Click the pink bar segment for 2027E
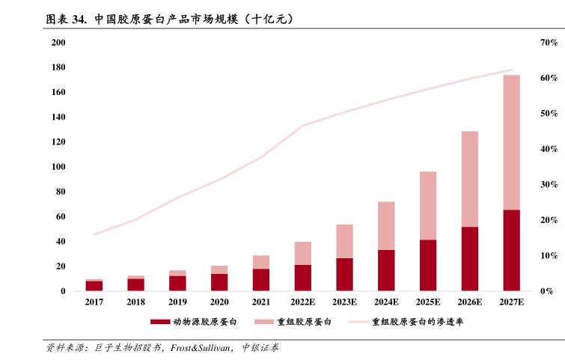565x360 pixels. point(511,142)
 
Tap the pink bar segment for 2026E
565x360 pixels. point(469,179)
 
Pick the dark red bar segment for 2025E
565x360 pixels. point(428,265)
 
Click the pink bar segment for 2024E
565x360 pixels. point(386,225)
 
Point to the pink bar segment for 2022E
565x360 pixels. point(302,253)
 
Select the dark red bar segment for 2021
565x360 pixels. point(261,279)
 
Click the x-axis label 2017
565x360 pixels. point(94,302)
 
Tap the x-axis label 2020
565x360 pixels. point(219,302)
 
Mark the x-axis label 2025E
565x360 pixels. point(428,302)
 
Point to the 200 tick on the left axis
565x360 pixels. point(58,43)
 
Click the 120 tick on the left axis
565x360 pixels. point(58,142)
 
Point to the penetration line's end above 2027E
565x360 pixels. point(512,70)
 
